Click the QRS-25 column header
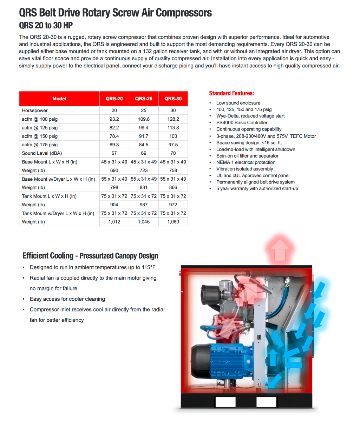tap(144, 99)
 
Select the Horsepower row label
tap(35, 111)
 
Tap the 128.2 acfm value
tap(173, 119)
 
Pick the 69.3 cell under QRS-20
tap(114, 145)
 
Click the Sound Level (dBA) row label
tap(42, 153)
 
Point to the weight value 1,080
tap(173, 222)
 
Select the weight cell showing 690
tap(114, 171)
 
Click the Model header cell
tap(59, 99)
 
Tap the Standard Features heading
tap(231, 93)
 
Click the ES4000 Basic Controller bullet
tap(242, 123)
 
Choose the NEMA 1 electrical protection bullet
tap(246, 162)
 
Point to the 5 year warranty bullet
tap(257, 189)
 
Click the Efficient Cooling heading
tap(90, 256)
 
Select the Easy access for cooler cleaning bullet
tap(67, 299)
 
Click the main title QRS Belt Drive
tap(115, 13)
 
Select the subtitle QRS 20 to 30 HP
tap(46, 25)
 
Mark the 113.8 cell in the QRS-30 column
tap(173, 128)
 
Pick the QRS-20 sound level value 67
tap(114, 153)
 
